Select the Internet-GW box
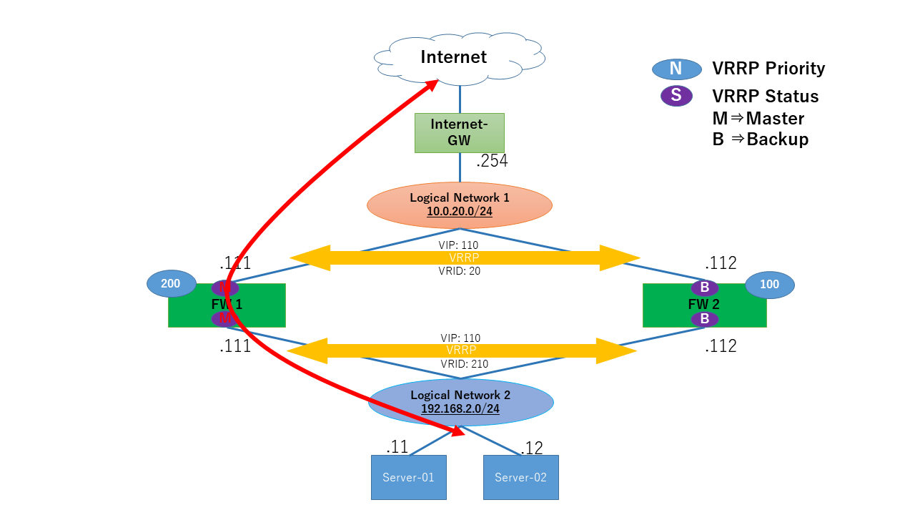pos(459,132)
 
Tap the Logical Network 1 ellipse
pos(460,205)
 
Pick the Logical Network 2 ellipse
pos(461,402)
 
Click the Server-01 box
pos(408,477)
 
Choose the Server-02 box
pos(520,477)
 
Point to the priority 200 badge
pos(171,284)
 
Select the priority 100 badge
pos(769,285)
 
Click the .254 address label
pos(492,161)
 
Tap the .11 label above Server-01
pos(397,447)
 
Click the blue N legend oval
pos(676,69)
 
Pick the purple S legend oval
pos(676,96)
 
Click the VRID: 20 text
pos(458,271)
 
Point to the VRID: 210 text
pos(464,364)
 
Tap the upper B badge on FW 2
pos(704,288)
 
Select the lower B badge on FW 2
pos(704,319)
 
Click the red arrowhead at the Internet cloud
pos(431,84)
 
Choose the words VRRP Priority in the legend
pos(768,69)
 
